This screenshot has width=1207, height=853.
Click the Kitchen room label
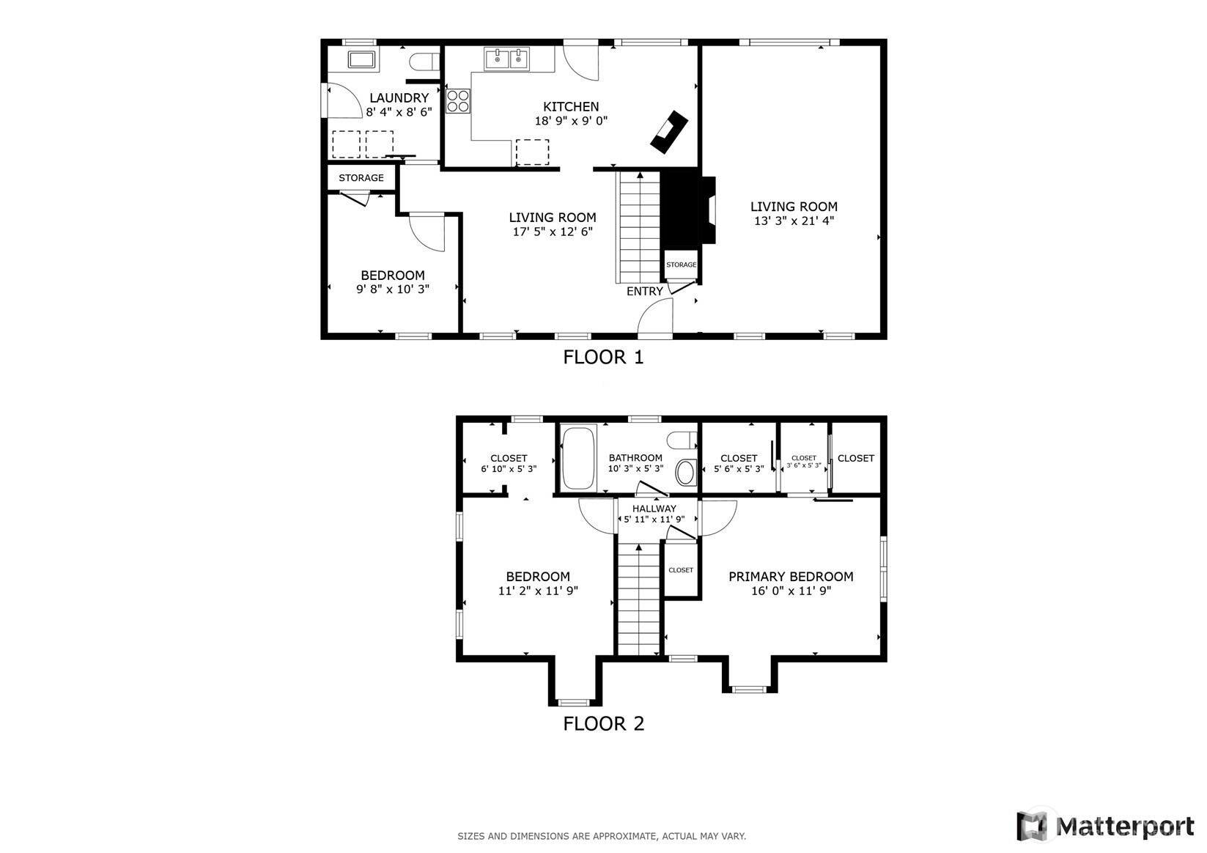coord(571,107)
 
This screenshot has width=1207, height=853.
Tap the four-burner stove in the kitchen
coord(458,101)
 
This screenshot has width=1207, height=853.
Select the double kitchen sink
coord(507,59)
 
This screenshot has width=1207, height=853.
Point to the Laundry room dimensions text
coord(399,112)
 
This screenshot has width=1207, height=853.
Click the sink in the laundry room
coord(361,59)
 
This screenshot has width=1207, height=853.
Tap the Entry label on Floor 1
coord(644,292)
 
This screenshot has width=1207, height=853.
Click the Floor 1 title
coord(604,358)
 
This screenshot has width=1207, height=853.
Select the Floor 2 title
coord(604,724)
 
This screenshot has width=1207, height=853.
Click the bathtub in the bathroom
coord(578,458)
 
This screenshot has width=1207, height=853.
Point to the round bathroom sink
coord(685,473)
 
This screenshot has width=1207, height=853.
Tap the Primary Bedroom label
coord(791,577)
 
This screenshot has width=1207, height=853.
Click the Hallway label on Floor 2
coord(654,509)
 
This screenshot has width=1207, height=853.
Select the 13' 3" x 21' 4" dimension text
coord(794,221)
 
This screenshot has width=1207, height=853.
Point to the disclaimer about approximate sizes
coord(602,836)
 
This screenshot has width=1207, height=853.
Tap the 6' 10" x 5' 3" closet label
coord(509,469)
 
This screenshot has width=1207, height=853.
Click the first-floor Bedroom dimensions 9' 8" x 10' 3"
coord(393,289)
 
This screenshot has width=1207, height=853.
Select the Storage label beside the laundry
coord(361,178)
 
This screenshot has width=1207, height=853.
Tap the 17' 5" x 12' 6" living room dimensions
coord(553,232)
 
